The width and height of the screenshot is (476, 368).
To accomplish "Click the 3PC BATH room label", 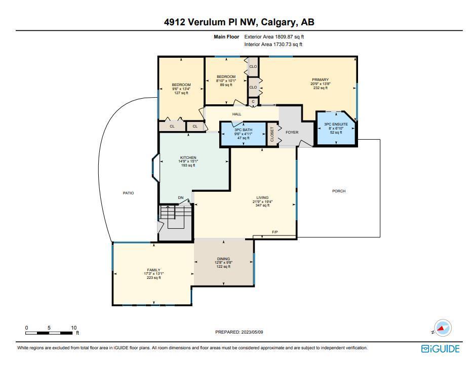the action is click(x=243, y=130).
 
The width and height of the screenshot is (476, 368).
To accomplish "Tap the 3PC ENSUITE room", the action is click(x=336, y=129).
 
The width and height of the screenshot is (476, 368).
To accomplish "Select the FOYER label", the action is click(x=292, y=132).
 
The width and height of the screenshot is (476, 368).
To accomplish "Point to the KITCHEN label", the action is click(x=188, y=157).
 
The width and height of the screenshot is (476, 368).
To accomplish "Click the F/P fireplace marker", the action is click(x=275, y=232).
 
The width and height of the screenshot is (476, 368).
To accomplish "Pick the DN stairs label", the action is click(x=181, y=198).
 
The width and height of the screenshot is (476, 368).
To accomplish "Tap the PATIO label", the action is click(x=128, y=193).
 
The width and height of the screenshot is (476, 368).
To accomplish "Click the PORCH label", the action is click(x=339, y=191).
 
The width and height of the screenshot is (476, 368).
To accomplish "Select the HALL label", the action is click(x=237, y=114).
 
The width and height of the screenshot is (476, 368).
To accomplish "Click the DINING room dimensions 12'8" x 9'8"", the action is click(x=224, y=263).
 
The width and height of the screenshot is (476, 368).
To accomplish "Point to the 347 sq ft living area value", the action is click(x=263, y=206).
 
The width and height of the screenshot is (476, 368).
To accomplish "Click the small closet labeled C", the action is click(x=253, y=102).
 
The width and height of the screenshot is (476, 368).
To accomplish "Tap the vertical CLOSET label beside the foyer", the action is click(x=272, y=134).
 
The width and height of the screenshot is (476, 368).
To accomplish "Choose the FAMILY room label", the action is click(x=153, y=270).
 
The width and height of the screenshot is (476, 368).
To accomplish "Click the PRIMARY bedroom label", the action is click(x=320, y=80).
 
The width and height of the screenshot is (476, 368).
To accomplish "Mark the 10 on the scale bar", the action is click(x=74, y=328).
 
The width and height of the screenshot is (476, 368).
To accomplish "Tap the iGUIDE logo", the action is click(x=441, y=349).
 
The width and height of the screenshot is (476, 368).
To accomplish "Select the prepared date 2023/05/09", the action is click(x=252, y=332).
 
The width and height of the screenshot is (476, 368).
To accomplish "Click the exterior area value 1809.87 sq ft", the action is click(x=289, y=37).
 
